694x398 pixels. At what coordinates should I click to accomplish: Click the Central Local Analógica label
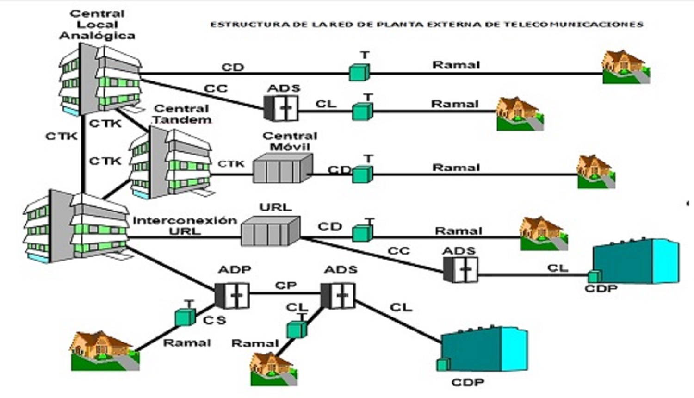(97, 25)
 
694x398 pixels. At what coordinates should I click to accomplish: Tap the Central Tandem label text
(181, 114)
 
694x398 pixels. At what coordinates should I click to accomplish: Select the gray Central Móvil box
(282, 168)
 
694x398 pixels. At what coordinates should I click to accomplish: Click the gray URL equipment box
(270, 230)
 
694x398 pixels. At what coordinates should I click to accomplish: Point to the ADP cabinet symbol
(233, 295)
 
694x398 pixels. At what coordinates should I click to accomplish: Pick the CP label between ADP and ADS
(285, 286)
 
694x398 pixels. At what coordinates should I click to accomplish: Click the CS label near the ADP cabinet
(214, 320)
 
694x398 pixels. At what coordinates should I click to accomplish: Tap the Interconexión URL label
(185, 225)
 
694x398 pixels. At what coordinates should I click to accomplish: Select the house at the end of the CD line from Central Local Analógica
(626, 68)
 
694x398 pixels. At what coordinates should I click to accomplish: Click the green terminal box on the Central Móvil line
(362, 174)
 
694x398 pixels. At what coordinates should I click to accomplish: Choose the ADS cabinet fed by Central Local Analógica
(281, 108)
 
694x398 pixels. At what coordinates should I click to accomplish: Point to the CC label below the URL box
(398, 251)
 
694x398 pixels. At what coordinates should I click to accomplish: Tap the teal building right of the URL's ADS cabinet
(637, 261)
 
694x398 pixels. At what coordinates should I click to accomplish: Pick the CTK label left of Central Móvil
(231, 164)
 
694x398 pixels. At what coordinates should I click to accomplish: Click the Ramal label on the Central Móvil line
(456, 167)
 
